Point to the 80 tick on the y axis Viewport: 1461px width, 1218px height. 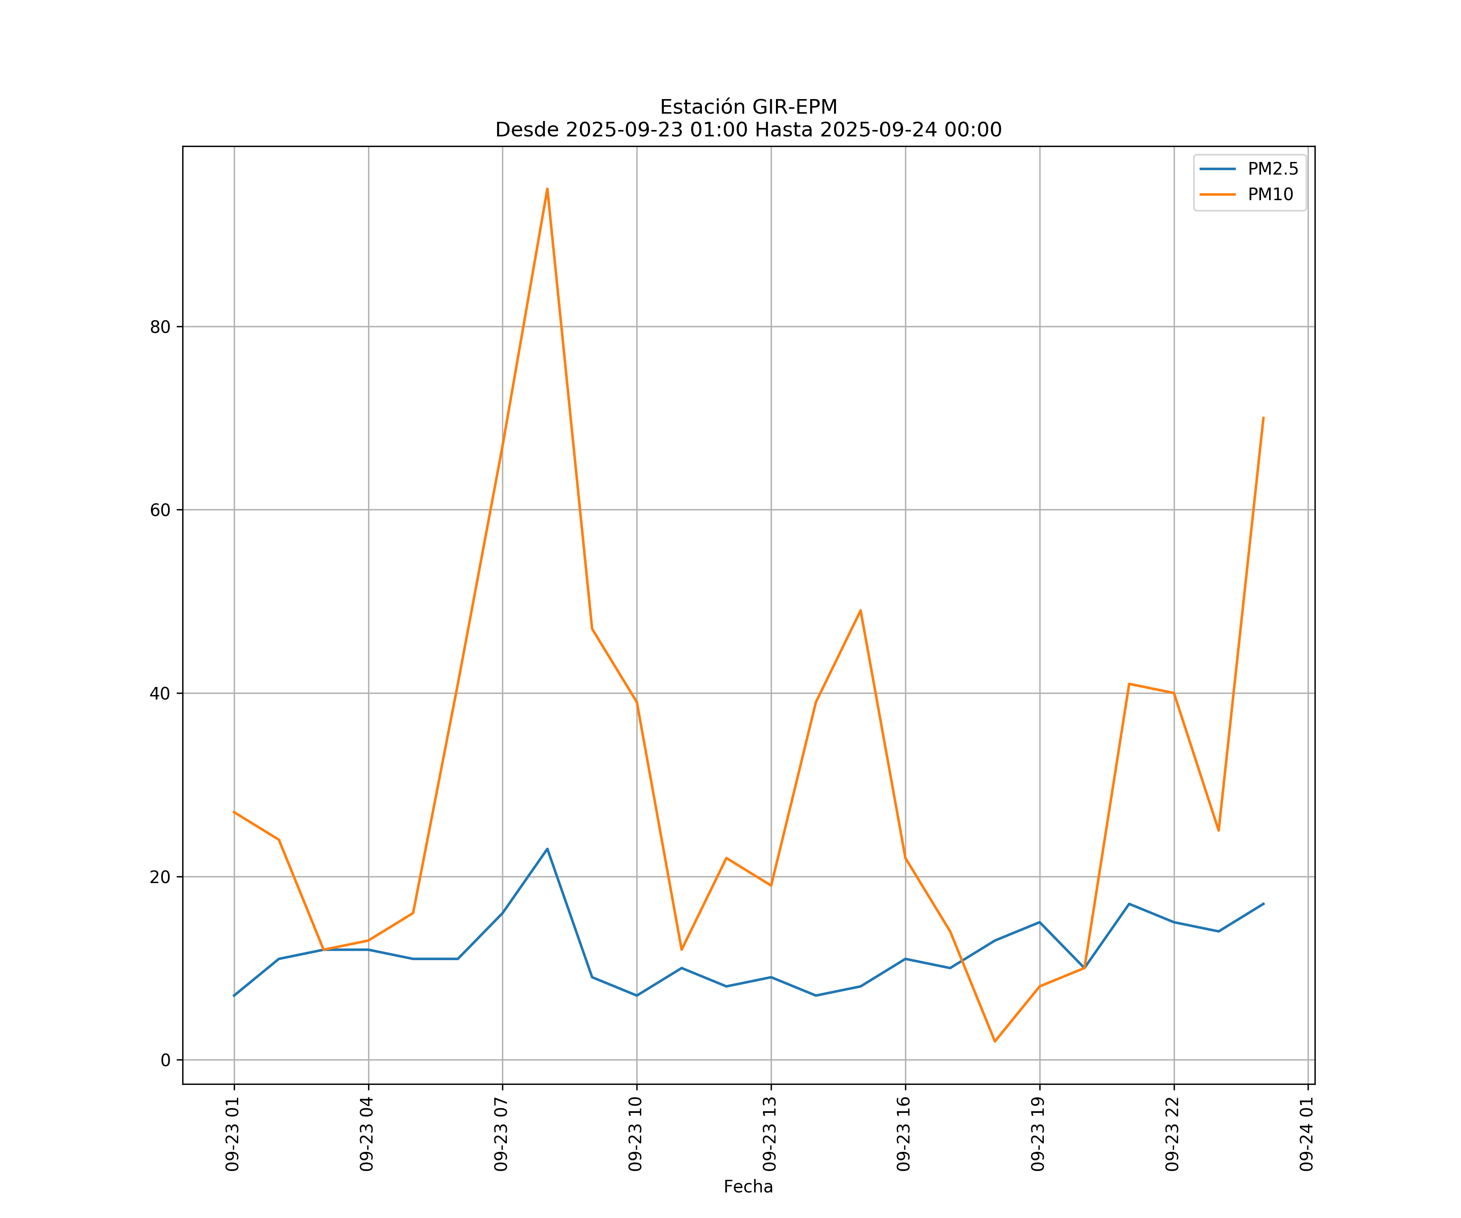tap(160, 327)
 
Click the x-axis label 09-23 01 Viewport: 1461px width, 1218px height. tap(233, 1134)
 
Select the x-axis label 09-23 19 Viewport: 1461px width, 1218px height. tap(1038, 1134)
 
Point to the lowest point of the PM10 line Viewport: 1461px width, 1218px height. tap(995, 1042)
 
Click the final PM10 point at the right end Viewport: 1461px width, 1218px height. tap(1263, 418)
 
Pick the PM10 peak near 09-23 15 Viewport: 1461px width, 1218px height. tap(861, 610)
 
